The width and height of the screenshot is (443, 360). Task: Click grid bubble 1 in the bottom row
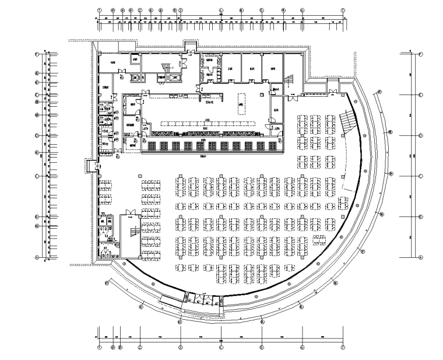click(99, 348)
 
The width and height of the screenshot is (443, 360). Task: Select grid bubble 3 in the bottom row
click(181, 348)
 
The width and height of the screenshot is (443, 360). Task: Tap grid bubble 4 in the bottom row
click(221, 348)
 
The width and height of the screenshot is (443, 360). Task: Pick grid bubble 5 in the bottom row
click(262, 348)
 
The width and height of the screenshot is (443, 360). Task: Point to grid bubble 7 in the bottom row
click(343, 348)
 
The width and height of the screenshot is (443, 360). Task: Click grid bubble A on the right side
click(421, 257)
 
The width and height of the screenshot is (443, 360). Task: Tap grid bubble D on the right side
click(421, 135)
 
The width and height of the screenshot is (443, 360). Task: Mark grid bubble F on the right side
click(421, 54)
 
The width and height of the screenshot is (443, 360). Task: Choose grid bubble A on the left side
click(37, 257)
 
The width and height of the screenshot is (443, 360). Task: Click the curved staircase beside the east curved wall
click(347, 121)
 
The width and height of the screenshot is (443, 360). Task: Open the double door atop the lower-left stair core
click(130, 212)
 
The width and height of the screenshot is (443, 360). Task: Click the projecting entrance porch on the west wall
click(89, 166)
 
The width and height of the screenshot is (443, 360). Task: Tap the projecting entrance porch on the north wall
click(190, 46)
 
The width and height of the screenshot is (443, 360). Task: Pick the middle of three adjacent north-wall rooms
click(251, 67)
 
